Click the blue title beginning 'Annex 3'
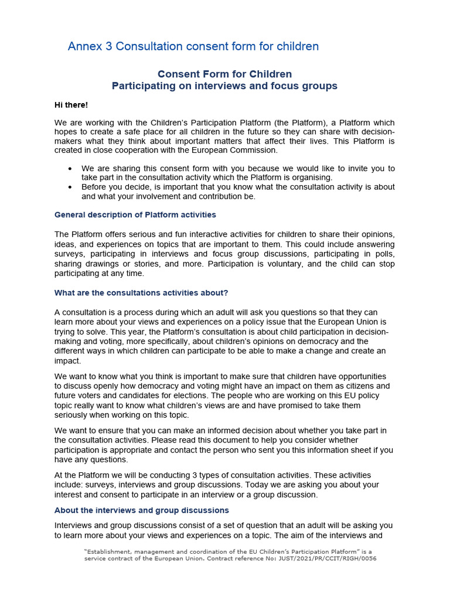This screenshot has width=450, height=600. tap(193, 46)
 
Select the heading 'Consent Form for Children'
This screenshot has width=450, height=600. tap(224, 74)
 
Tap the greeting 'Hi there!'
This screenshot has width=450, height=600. tap(71, 105)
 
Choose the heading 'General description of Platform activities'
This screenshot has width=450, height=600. tap(135, 215)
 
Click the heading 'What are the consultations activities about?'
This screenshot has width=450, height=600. tap(141, 293)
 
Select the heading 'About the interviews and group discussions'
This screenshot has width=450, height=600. tap(141, 510)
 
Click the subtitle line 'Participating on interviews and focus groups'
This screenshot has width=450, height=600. tap(224, 86)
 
